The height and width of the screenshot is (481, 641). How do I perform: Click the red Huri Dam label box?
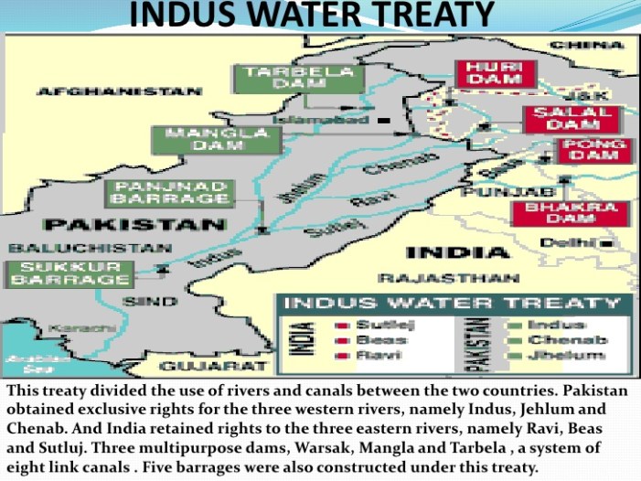[x=495, y=73]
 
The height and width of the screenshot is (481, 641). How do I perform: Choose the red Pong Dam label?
[x=594, y=150]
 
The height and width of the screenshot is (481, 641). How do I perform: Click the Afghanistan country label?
[x=119, y=91]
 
